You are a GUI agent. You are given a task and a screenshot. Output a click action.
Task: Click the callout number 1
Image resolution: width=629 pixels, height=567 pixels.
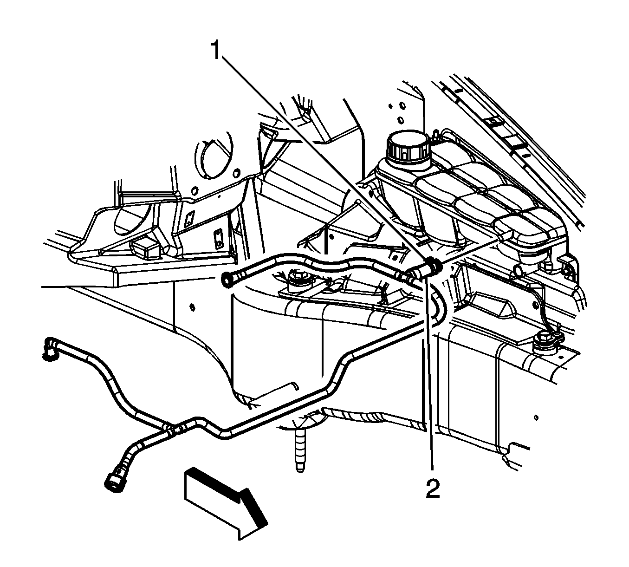tap(215, 51)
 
